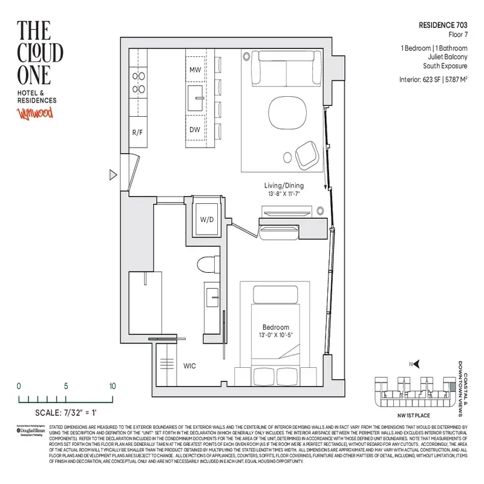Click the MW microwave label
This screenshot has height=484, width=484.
pos(195,71)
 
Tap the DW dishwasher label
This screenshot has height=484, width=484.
pos(195,129)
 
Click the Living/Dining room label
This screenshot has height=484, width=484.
pos(284,186)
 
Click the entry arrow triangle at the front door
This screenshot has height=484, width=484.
pos(113,175)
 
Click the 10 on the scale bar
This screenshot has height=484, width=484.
pos(113,386)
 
